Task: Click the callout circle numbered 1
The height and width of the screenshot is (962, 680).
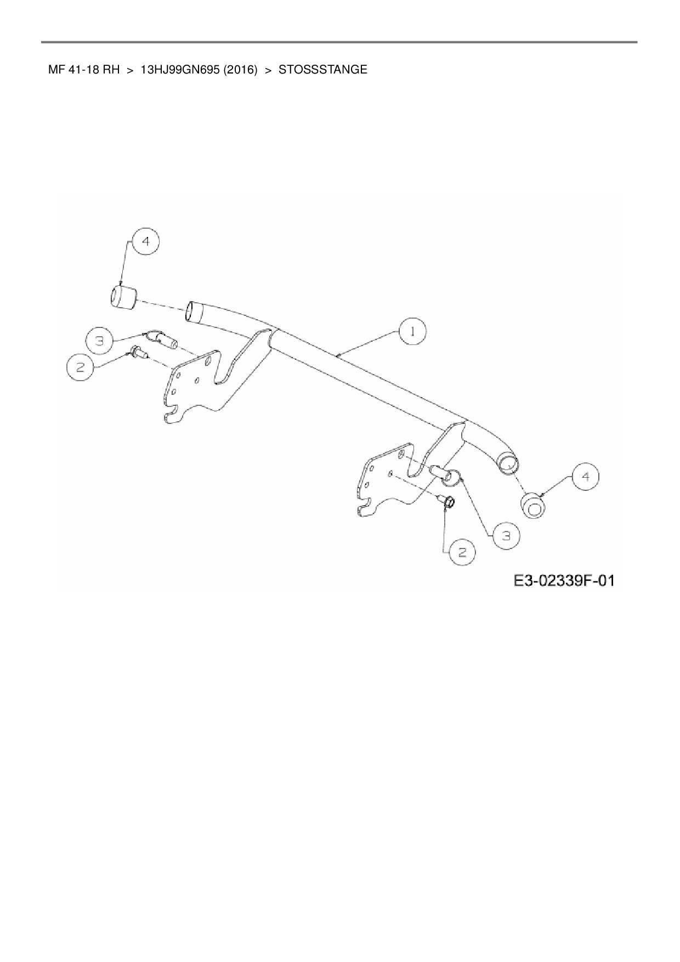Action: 412,332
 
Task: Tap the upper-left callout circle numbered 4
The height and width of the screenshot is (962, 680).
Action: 145,242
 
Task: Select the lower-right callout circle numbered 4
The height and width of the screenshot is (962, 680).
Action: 586,477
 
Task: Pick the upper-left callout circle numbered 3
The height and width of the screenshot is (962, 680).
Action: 99,341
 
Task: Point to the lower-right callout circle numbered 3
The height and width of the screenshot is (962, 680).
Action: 506,536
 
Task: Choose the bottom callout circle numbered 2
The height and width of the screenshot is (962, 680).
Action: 462,552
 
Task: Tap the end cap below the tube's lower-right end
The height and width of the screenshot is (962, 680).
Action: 533,505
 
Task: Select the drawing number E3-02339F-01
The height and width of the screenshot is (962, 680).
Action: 564,580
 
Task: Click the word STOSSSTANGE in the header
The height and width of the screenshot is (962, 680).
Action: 323,70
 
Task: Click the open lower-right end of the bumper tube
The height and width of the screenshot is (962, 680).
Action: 508,465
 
